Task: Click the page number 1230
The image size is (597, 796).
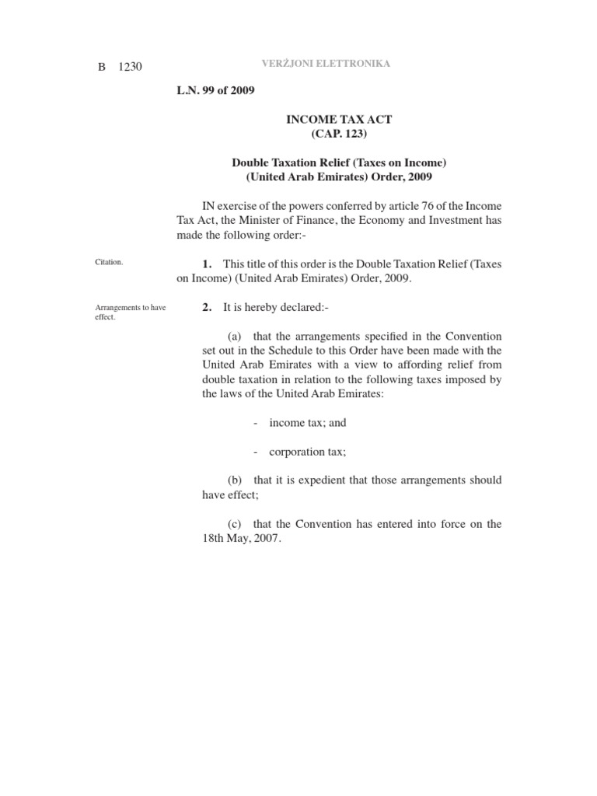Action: pos(130,67)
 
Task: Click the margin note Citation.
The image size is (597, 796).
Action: pos(109,263)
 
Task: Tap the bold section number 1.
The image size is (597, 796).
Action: pos(207,264)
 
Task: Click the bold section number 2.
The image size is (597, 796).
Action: pos(207,308)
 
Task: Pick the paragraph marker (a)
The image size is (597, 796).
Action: pos(235,336)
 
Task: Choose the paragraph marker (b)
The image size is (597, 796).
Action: pos(235,480)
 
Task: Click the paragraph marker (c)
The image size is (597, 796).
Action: pos(235,524)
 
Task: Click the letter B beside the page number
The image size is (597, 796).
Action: pos(101,67)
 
